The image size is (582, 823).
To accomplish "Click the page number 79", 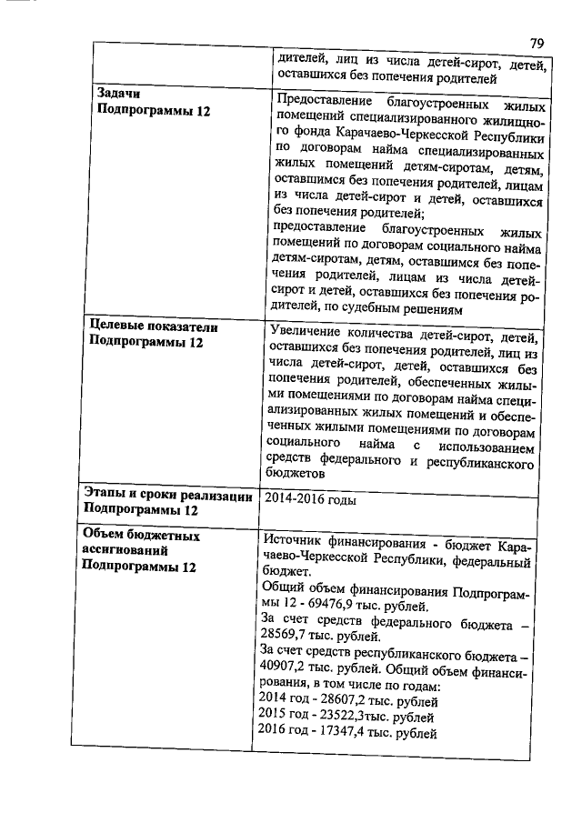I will point(537,43).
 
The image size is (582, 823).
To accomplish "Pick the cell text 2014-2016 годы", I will point(309,499).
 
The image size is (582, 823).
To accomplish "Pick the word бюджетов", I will point(296,475).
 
